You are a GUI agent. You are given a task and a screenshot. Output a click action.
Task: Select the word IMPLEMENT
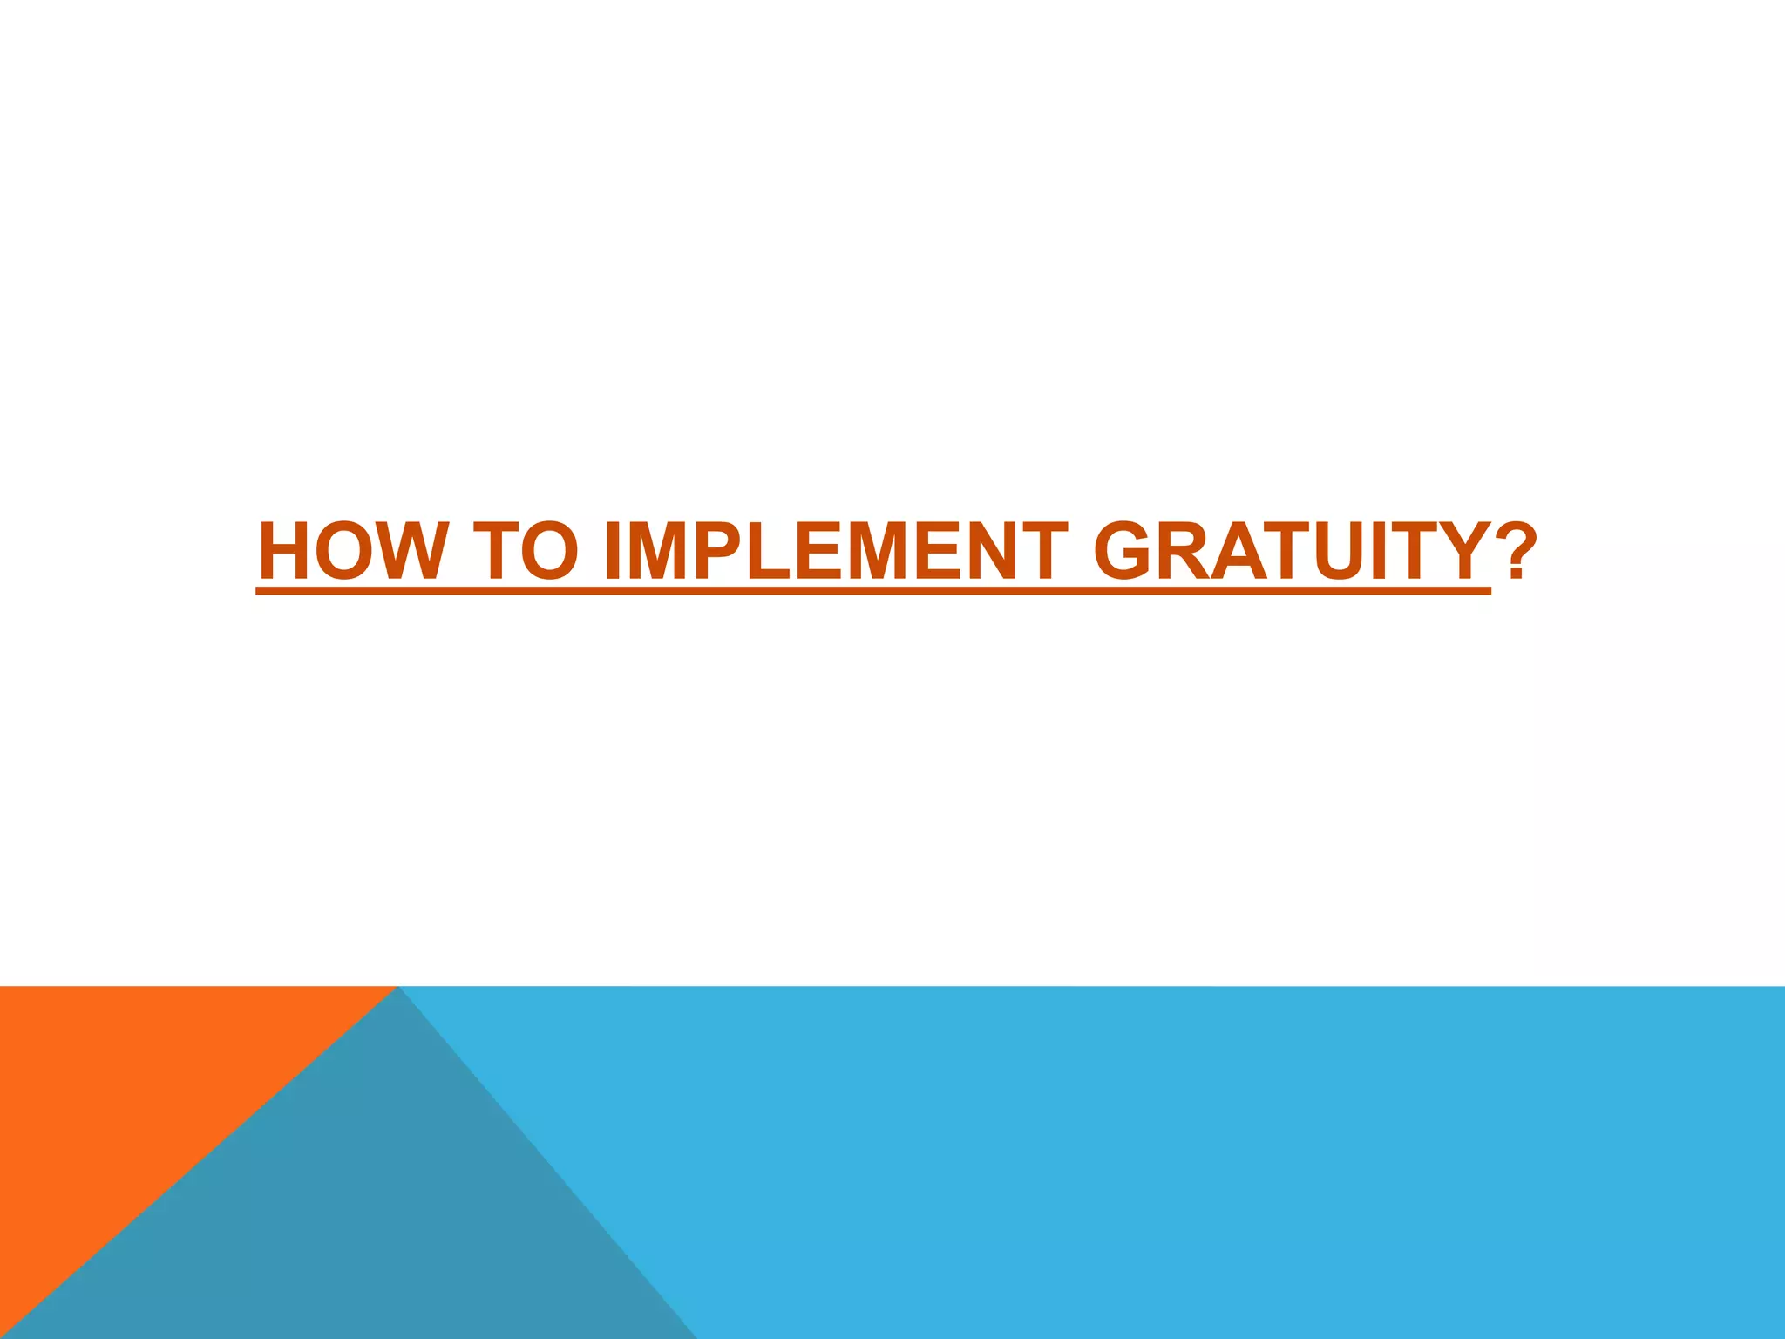835,552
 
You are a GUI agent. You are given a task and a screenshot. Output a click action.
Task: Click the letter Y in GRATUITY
1458,552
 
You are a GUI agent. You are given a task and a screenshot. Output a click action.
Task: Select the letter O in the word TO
550,552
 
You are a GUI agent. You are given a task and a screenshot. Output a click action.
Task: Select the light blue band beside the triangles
1220,1159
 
